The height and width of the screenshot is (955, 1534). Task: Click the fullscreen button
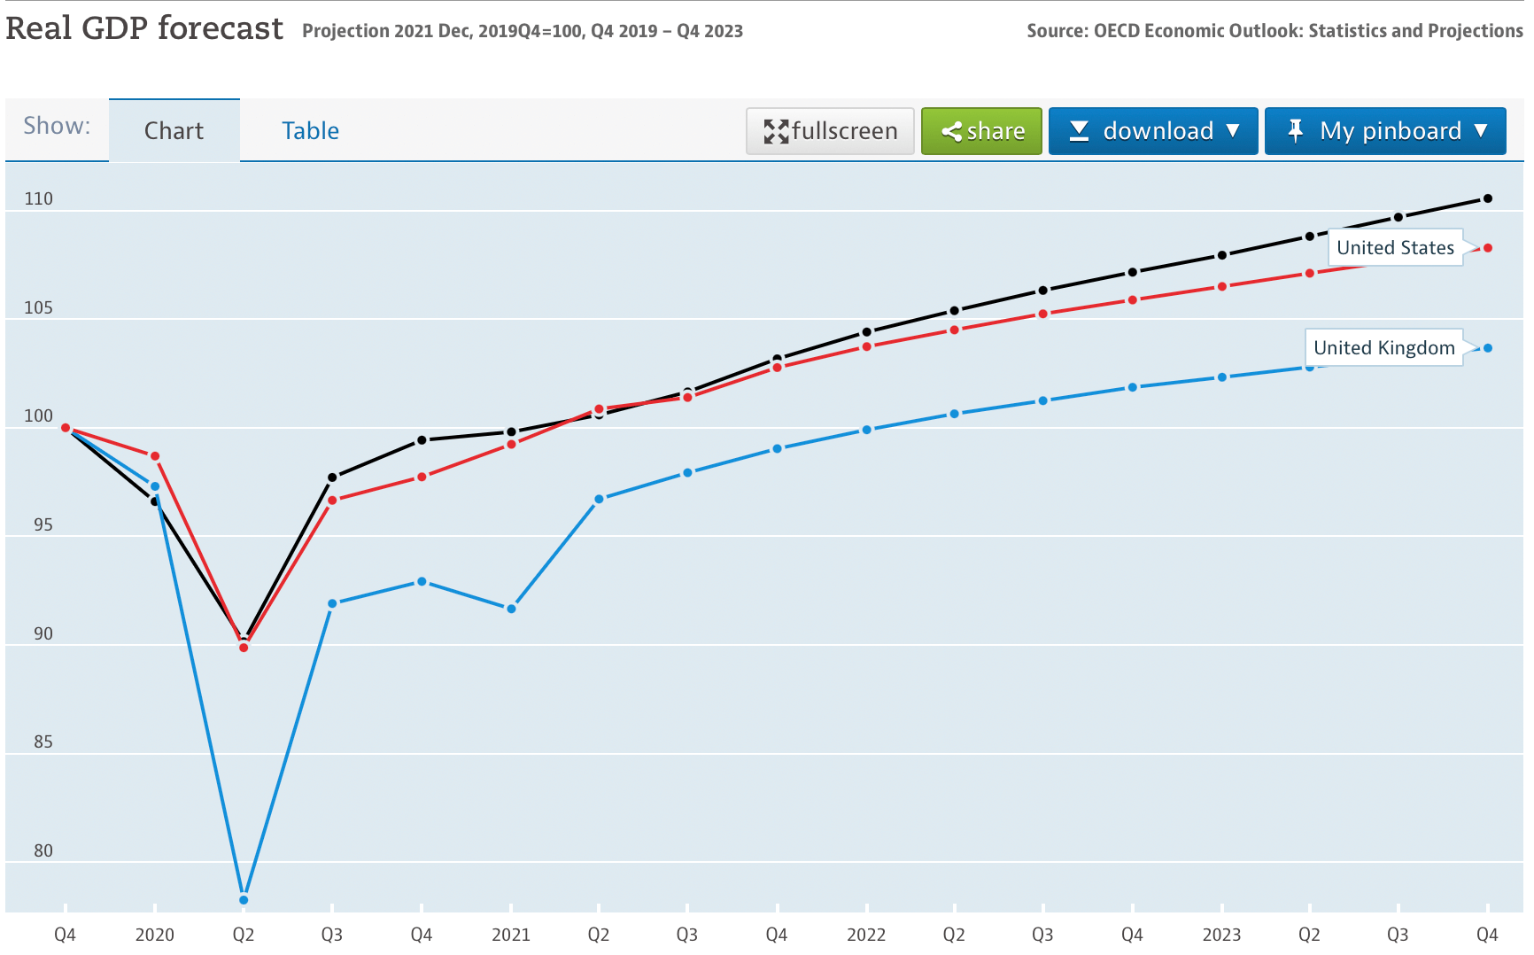click(830, 131)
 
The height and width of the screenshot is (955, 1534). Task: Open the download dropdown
click(1152, 131)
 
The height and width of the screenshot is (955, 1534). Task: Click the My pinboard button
click(1384, 131)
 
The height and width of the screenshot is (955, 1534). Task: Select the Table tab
click(310, 131)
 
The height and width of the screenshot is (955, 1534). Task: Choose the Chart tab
click(174, 131)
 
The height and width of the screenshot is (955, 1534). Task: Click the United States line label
click(1395, 248)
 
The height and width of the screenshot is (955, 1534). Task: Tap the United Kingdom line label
click(1383, 348)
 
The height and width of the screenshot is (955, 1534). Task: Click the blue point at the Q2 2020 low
click(244, 900)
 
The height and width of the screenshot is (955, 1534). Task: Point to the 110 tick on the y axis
click(39, 199)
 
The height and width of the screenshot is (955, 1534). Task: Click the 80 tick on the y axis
click(43, 851)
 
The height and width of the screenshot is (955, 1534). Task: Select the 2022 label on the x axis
click(866, 935)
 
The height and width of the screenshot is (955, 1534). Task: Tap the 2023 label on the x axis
click(1221, 935)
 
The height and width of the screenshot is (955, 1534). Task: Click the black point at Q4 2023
click(1488, 198)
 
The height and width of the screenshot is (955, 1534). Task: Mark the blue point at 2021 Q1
click(511, 609)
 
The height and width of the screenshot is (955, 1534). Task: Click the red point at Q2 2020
click(244, 648)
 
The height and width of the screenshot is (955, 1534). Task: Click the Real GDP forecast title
click(144, 28)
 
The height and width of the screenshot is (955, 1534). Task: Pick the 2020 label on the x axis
click(154, 935)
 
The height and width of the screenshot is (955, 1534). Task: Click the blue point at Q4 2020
click(422, 582)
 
